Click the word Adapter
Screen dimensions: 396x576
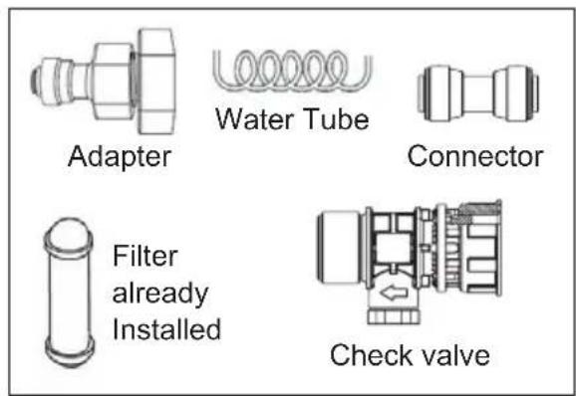(120, 156)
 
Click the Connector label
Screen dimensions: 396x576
(476, 156)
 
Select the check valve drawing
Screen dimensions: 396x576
(419, 259)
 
